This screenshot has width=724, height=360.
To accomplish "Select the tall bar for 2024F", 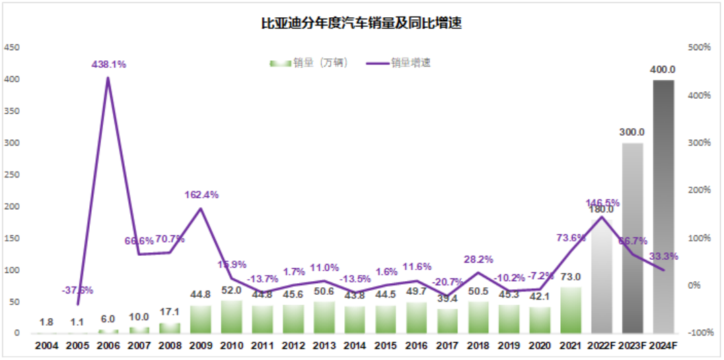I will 663,206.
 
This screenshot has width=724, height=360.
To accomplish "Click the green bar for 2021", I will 570,310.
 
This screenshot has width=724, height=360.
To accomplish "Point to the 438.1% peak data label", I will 109,64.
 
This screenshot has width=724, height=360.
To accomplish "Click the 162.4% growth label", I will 202,195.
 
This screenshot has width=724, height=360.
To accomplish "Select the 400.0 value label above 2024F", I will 663,70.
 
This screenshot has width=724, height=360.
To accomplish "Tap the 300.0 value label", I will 632,132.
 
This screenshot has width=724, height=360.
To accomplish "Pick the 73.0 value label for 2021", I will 570,277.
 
